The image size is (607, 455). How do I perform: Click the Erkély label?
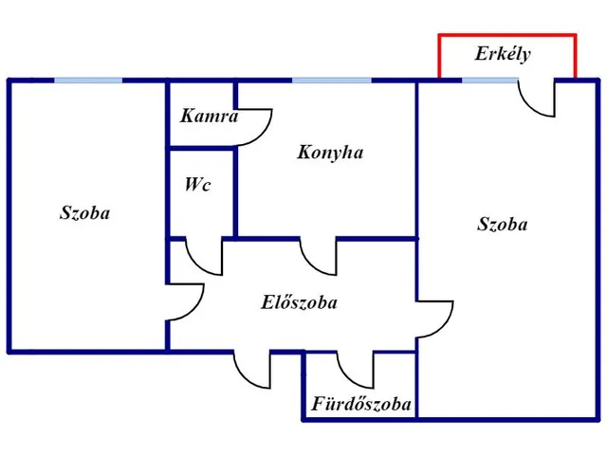coord(503,54)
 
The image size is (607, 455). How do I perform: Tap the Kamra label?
coord(209,116)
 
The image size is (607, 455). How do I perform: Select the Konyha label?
coord(330,152)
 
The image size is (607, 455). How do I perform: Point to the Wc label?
coord(198,184)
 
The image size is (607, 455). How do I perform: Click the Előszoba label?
coord(299,302)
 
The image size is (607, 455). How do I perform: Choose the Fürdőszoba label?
coord(360,404)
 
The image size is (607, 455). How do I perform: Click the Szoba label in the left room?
coord(84,212)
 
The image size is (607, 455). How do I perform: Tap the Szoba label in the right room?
coord(502,224)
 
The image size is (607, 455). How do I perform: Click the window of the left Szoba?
coord(88,81)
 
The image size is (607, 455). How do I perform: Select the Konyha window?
coord(332,81)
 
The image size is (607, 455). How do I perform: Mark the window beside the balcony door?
coord(490,81)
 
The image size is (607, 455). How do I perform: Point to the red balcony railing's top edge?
coord(507,36)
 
